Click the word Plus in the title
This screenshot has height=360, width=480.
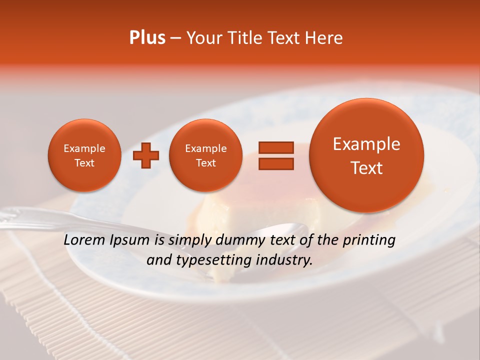click(147, 38)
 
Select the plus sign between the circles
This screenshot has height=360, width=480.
click(146, 155)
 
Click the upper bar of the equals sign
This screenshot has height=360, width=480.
click(276, 148)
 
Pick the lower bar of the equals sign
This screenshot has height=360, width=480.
click(276, 163)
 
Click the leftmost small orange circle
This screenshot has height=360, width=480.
click(84, 155)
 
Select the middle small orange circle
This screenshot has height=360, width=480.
click(205, 155)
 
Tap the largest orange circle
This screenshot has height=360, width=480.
click(366, 155)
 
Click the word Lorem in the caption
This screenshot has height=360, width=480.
click(85, 240)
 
